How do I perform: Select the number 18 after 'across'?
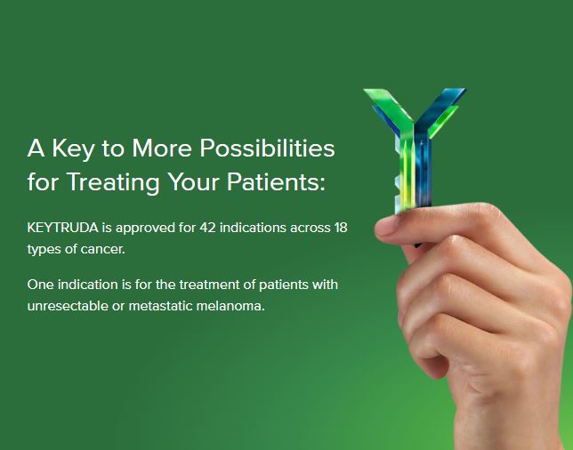point(339,228)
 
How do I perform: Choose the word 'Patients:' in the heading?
point(278,183)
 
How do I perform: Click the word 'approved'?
point(141,228)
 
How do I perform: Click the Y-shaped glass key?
point(413,142)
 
